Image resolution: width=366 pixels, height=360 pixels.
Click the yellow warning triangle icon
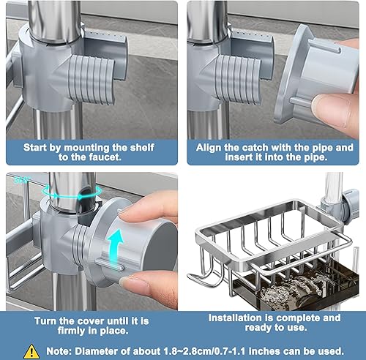pos(31,351)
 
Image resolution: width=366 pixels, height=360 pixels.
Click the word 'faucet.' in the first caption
pos(105,157)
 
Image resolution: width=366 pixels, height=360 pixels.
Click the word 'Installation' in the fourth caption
pos(235,318)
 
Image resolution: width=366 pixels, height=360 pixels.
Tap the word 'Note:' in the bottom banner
pos(59,351)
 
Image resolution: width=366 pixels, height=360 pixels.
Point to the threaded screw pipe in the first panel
pos(91,80)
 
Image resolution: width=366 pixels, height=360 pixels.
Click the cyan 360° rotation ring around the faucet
pos(72,191)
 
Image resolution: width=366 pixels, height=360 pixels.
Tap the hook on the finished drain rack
pos(206,276)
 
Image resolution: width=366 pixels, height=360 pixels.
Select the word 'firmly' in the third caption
pos(69,331)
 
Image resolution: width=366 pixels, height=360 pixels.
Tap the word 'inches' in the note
pos(264,351)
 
